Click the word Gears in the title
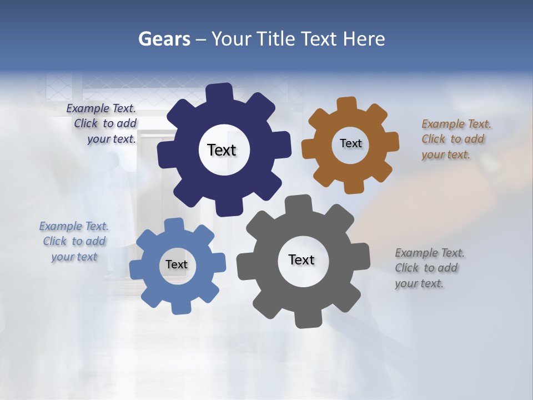coord(164,39)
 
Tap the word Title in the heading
coord(275,39)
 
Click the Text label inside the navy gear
coord(222,150)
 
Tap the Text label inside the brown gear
coord(350,143)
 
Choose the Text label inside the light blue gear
coord(177,264)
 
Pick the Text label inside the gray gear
coord(301,259)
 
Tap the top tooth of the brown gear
coord(346,105)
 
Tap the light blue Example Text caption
coord(74,241)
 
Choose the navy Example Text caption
coord(103,123)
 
